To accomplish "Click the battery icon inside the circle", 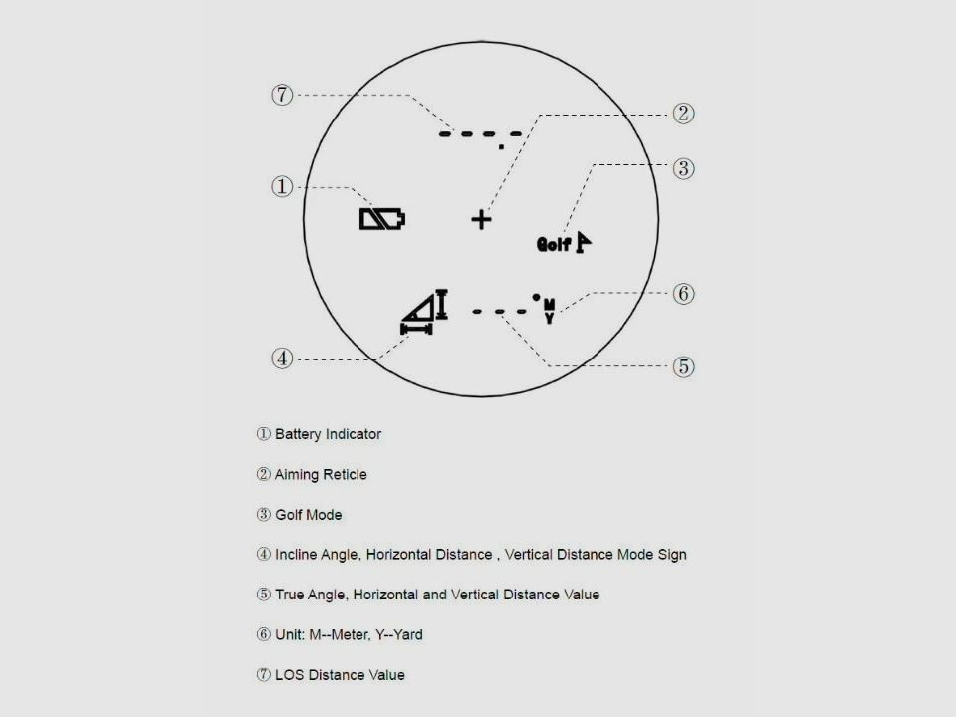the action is click(x=382, y=219).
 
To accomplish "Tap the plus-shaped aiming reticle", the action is click(x=482, y=219).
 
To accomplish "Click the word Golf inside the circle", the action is click(x=553, y=245).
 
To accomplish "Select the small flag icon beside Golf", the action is click(x=583, y=243).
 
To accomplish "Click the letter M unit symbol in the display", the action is click(x=550, y=304).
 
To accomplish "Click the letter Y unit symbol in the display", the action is click(x=550, y=318).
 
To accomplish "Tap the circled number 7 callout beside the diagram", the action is click(x=282, y=95).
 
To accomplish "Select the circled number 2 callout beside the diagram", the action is click(x=683, y=114).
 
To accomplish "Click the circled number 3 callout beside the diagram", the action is click(x=683, y=169).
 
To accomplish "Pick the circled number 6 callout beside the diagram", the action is click(x=683, y=294).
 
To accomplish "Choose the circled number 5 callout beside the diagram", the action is click(x=683, y=367).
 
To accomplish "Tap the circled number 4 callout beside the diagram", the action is click(x=282, y=358).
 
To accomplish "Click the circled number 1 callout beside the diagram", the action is click(x=282, y=186).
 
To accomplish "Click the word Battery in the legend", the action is click(x=298, y=435).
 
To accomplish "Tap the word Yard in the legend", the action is click(x=408, y=634).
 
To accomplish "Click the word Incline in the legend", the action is click(x=296, y=555).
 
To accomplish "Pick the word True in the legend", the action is click(x=290, y=595).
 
